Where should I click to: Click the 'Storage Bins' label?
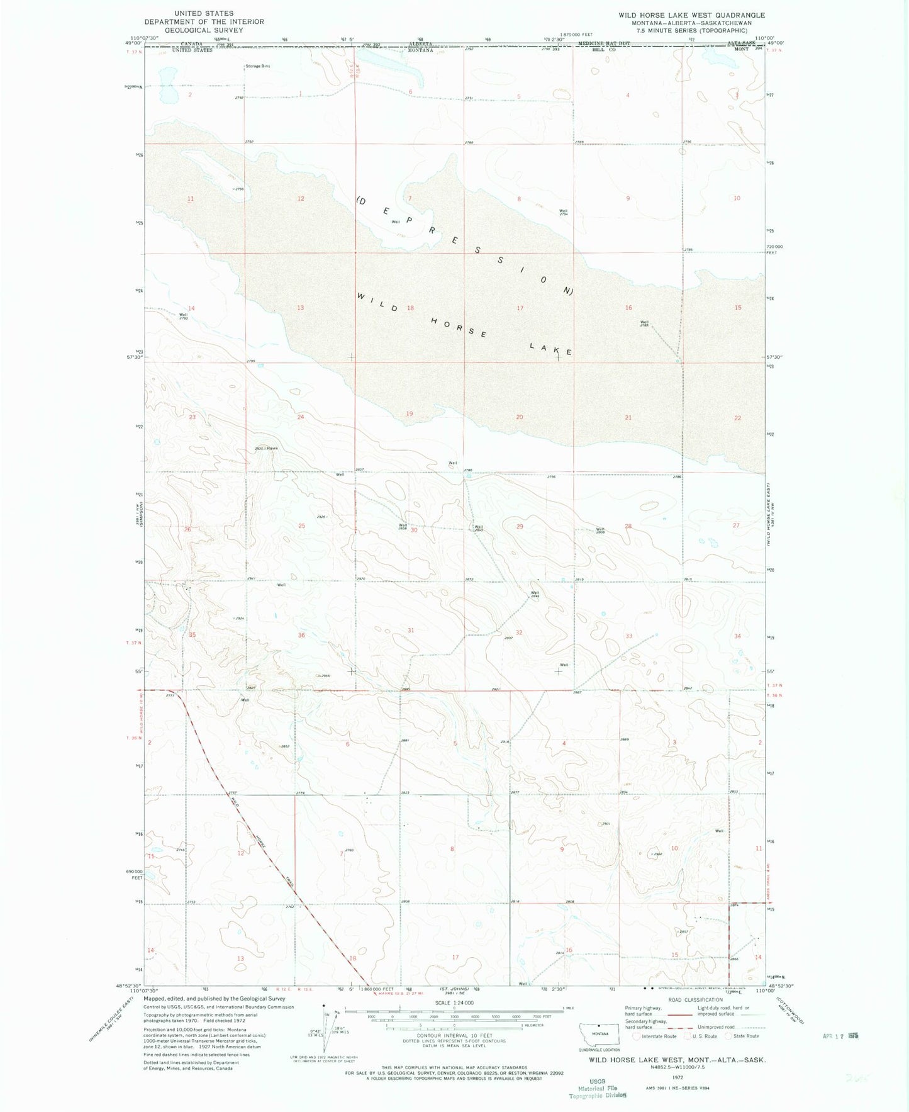[257, 66]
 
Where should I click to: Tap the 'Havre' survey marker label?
[272, 448]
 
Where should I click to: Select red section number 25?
[302, 525]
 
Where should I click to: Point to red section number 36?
[301, 636]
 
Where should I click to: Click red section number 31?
[411, 630]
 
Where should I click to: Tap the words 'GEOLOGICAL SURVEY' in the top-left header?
[204, 30]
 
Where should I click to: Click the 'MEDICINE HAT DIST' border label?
[604, 44]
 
